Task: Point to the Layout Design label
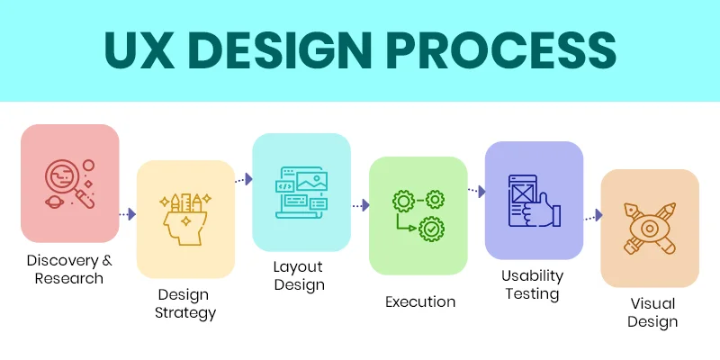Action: click(x=299, y=276)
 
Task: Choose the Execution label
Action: click(x=419, y=302)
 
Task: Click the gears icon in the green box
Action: click(x=418, y=215)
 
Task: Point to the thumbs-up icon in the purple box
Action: click(x=534, y=201)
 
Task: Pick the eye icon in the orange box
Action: click(x=650, y=228)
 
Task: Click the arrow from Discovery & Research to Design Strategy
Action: click(x=128, y=214)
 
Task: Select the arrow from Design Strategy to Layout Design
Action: click(x=243, y=180)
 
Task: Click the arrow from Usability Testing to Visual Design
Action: click(x=592, y=217)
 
